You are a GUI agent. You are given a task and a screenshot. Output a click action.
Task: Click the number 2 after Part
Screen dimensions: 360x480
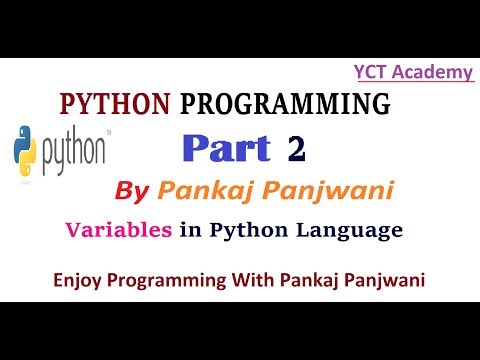[x=295, y=148]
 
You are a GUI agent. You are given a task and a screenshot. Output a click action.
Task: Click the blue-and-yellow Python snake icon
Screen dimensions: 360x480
[x=26, y=149]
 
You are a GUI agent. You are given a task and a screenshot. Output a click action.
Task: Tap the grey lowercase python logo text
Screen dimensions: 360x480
[x=75, y=150]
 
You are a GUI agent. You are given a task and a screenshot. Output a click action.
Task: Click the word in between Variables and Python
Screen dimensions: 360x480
[x=184, y=229]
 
